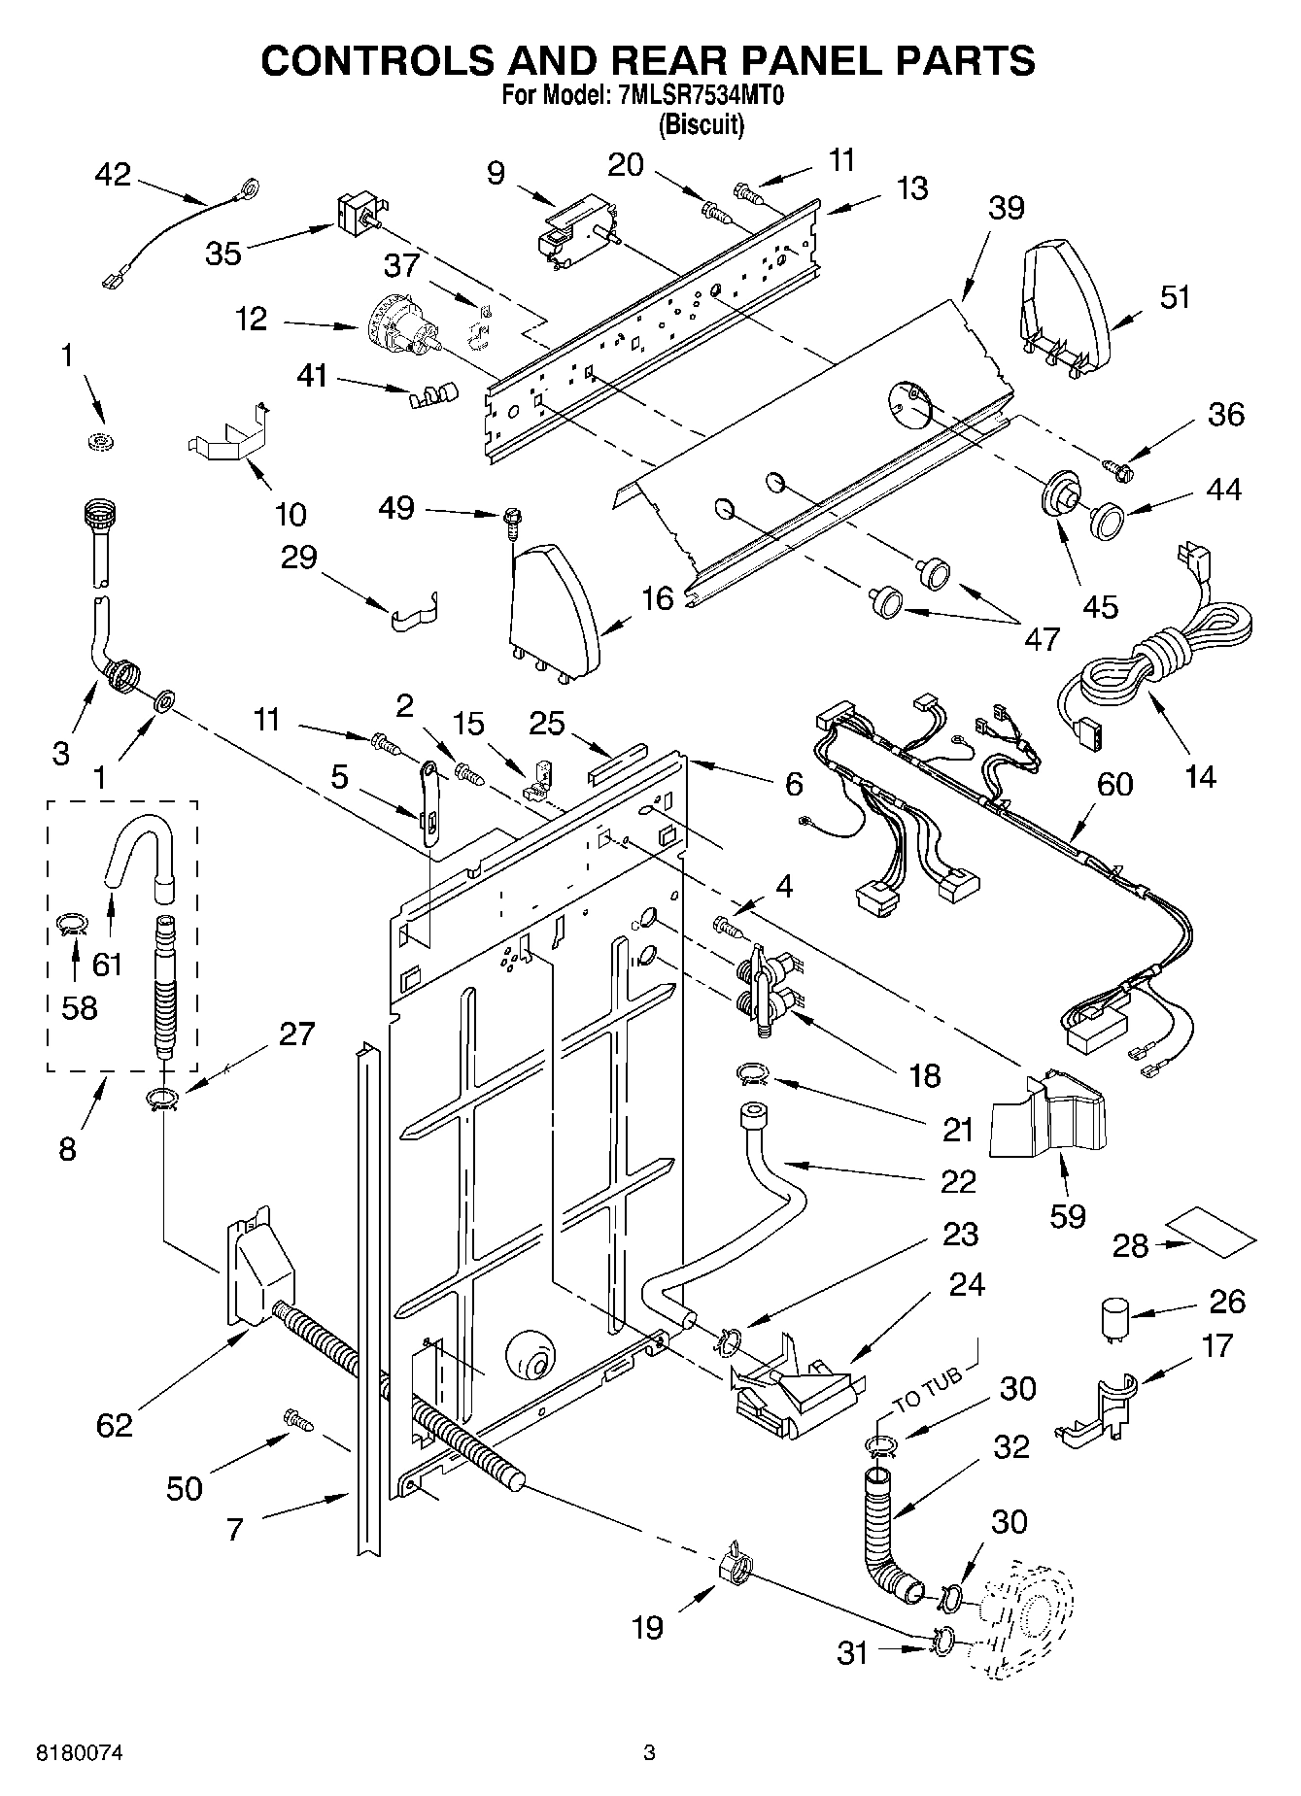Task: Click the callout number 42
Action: click(x=113, y=175)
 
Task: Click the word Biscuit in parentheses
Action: click(x=701, y=124)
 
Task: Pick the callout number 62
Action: click(x=114, y=1425)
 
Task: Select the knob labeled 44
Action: click(x=1107, y=518)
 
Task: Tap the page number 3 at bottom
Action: click(x=649, y=1753)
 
